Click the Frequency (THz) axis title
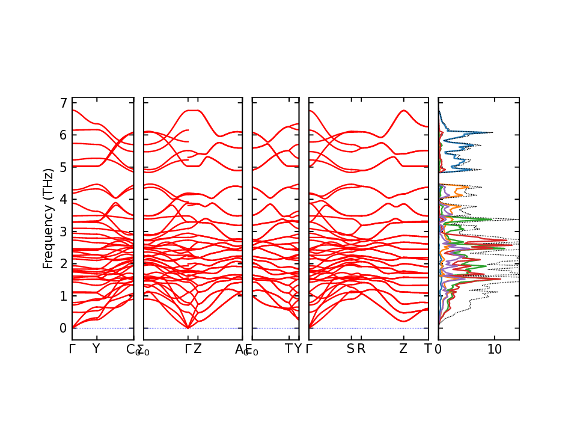coord(48,218)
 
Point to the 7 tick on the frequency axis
coord(63,103)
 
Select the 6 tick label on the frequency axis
coord(63,135)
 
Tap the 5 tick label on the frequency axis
coord(63,167)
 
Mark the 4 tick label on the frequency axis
coord(63,199)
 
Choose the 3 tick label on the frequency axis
coord(63,232)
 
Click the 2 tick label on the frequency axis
coord(63,263)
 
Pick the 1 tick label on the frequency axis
coord(63,296)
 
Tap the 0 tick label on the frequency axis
coord(63,328)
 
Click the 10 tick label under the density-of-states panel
coord(494,349)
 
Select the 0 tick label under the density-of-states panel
coord(438,349)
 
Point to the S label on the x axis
coord(350,349)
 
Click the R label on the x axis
coord(361,349)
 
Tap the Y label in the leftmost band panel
coord(96,349)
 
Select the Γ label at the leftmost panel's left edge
coord(72,349)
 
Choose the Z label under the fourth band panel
coord(403,349)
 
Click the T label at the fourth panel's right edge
coord(428,349)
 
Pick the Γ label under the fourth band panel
coord(310,349)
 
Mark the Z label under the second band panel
coord(198,349)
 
